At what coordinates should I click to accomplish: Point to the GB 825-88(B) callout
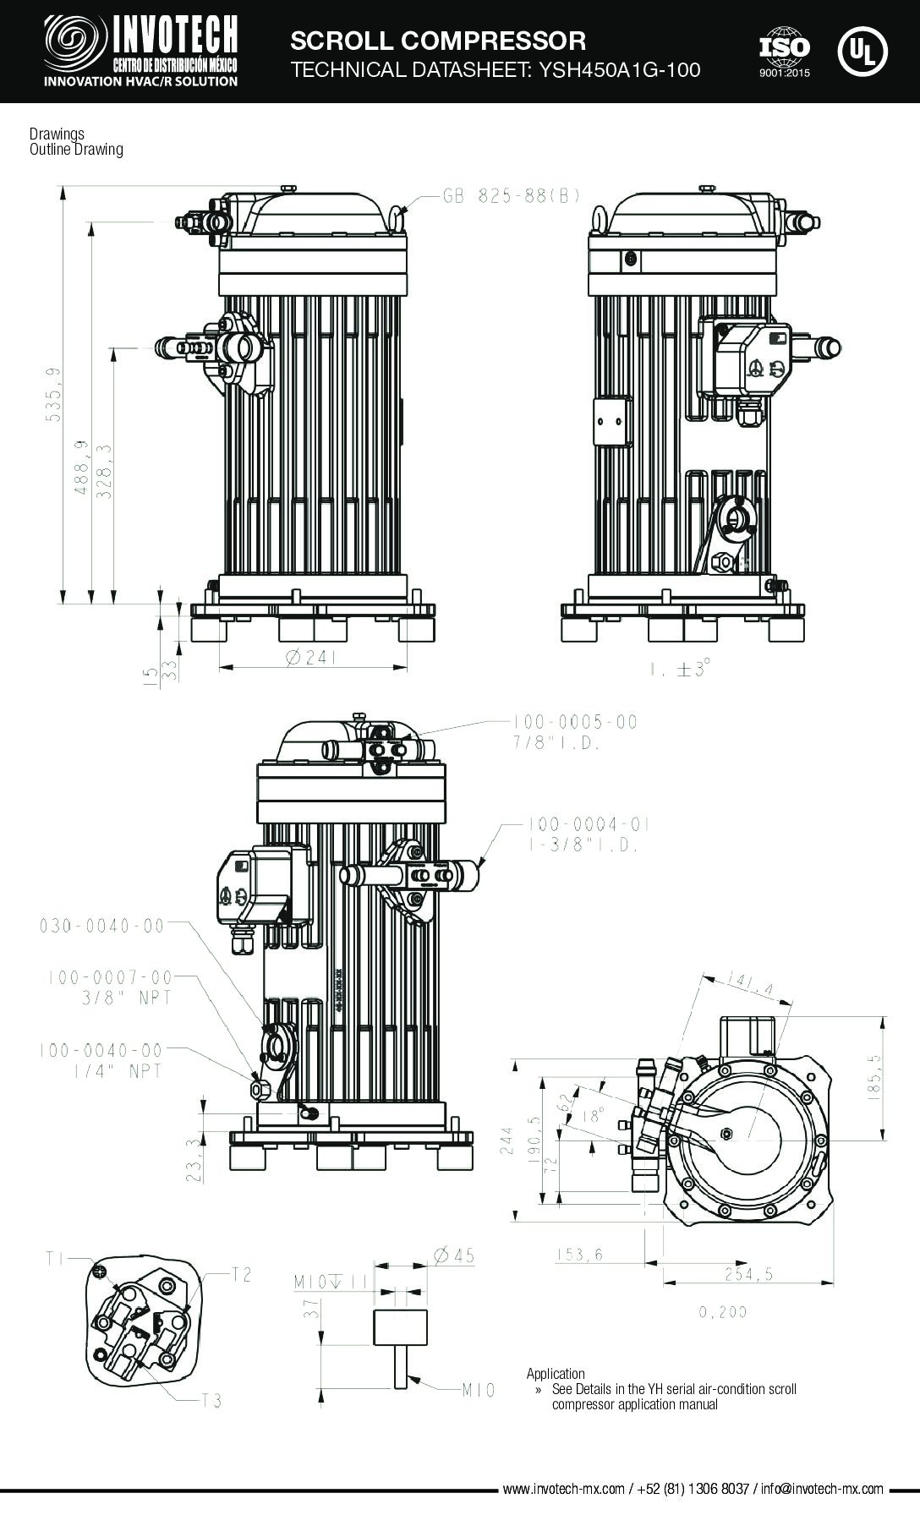point(512,195)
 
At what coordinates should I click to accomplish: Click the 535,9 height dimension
point(54,395)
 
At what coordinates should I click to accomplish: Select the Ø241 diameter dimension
point(312,656)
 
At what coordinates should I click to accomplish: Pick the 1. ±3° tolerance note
point(680,670)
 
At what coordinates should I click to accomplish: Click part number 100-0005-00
point(574,722)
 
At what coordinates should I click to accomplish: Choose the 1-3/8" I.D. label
point(583,845)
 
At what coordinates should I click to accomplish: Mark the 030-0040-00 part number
point(101,926)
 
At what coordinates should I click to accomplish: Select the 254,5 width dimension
point(748,1274)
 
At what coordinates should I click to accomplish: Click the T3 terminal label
point(211,1401)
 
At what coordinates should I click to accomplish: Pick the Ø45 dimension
point(453,1255)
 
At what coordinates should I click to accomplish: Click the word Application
point(556,1374)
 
